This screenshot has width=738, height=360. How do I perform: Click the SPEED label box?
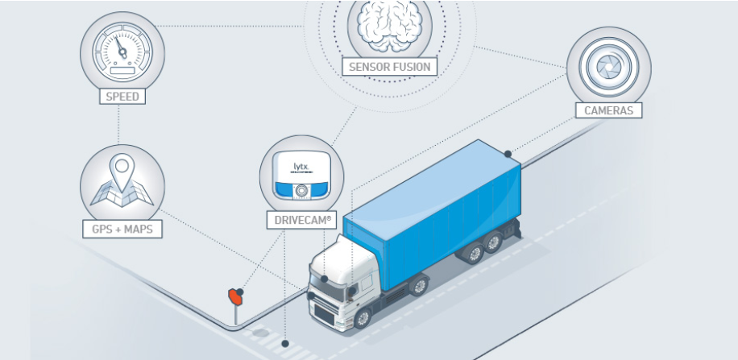click(x=122, y=97)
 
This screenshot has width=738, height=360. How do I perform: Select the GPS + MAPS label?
click(x=122, y=230)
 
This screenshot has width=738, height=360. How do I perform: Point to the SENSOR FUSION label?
click(x=390, y=66)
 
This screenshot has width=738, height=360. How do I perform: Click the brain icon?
click(x=390, y=24)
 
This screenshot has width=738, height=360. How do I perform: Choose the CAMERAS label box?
click(x=608, y=110)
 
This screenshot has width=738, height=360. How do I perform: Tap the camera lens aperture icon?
click(x=608, y=66)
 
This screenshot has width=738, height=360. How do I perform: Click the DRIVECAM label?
click(x=302, y=220)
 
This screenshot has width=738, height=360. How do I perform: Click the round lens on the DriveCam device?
click(x=301, y=190)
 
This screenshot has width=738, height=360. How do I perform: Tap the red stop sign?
click(x=235, y=296)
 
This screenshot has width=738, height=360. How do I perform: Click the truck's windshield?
click(x=327, y=287)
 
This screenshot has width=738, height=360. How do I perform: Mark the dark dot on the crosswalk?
click(x=284, y=344)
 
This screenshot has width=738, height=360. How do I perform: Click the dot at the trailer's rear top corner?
click(x=508, y=154)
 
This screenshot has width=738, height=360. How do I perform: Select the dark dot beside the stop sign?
click(x=240, y=292)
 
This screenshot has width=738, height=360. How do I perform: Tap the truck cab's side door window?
click(x=366, y=283)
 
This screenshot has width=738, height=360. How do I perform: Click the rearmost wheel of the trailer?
click(x=493, y=242)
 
